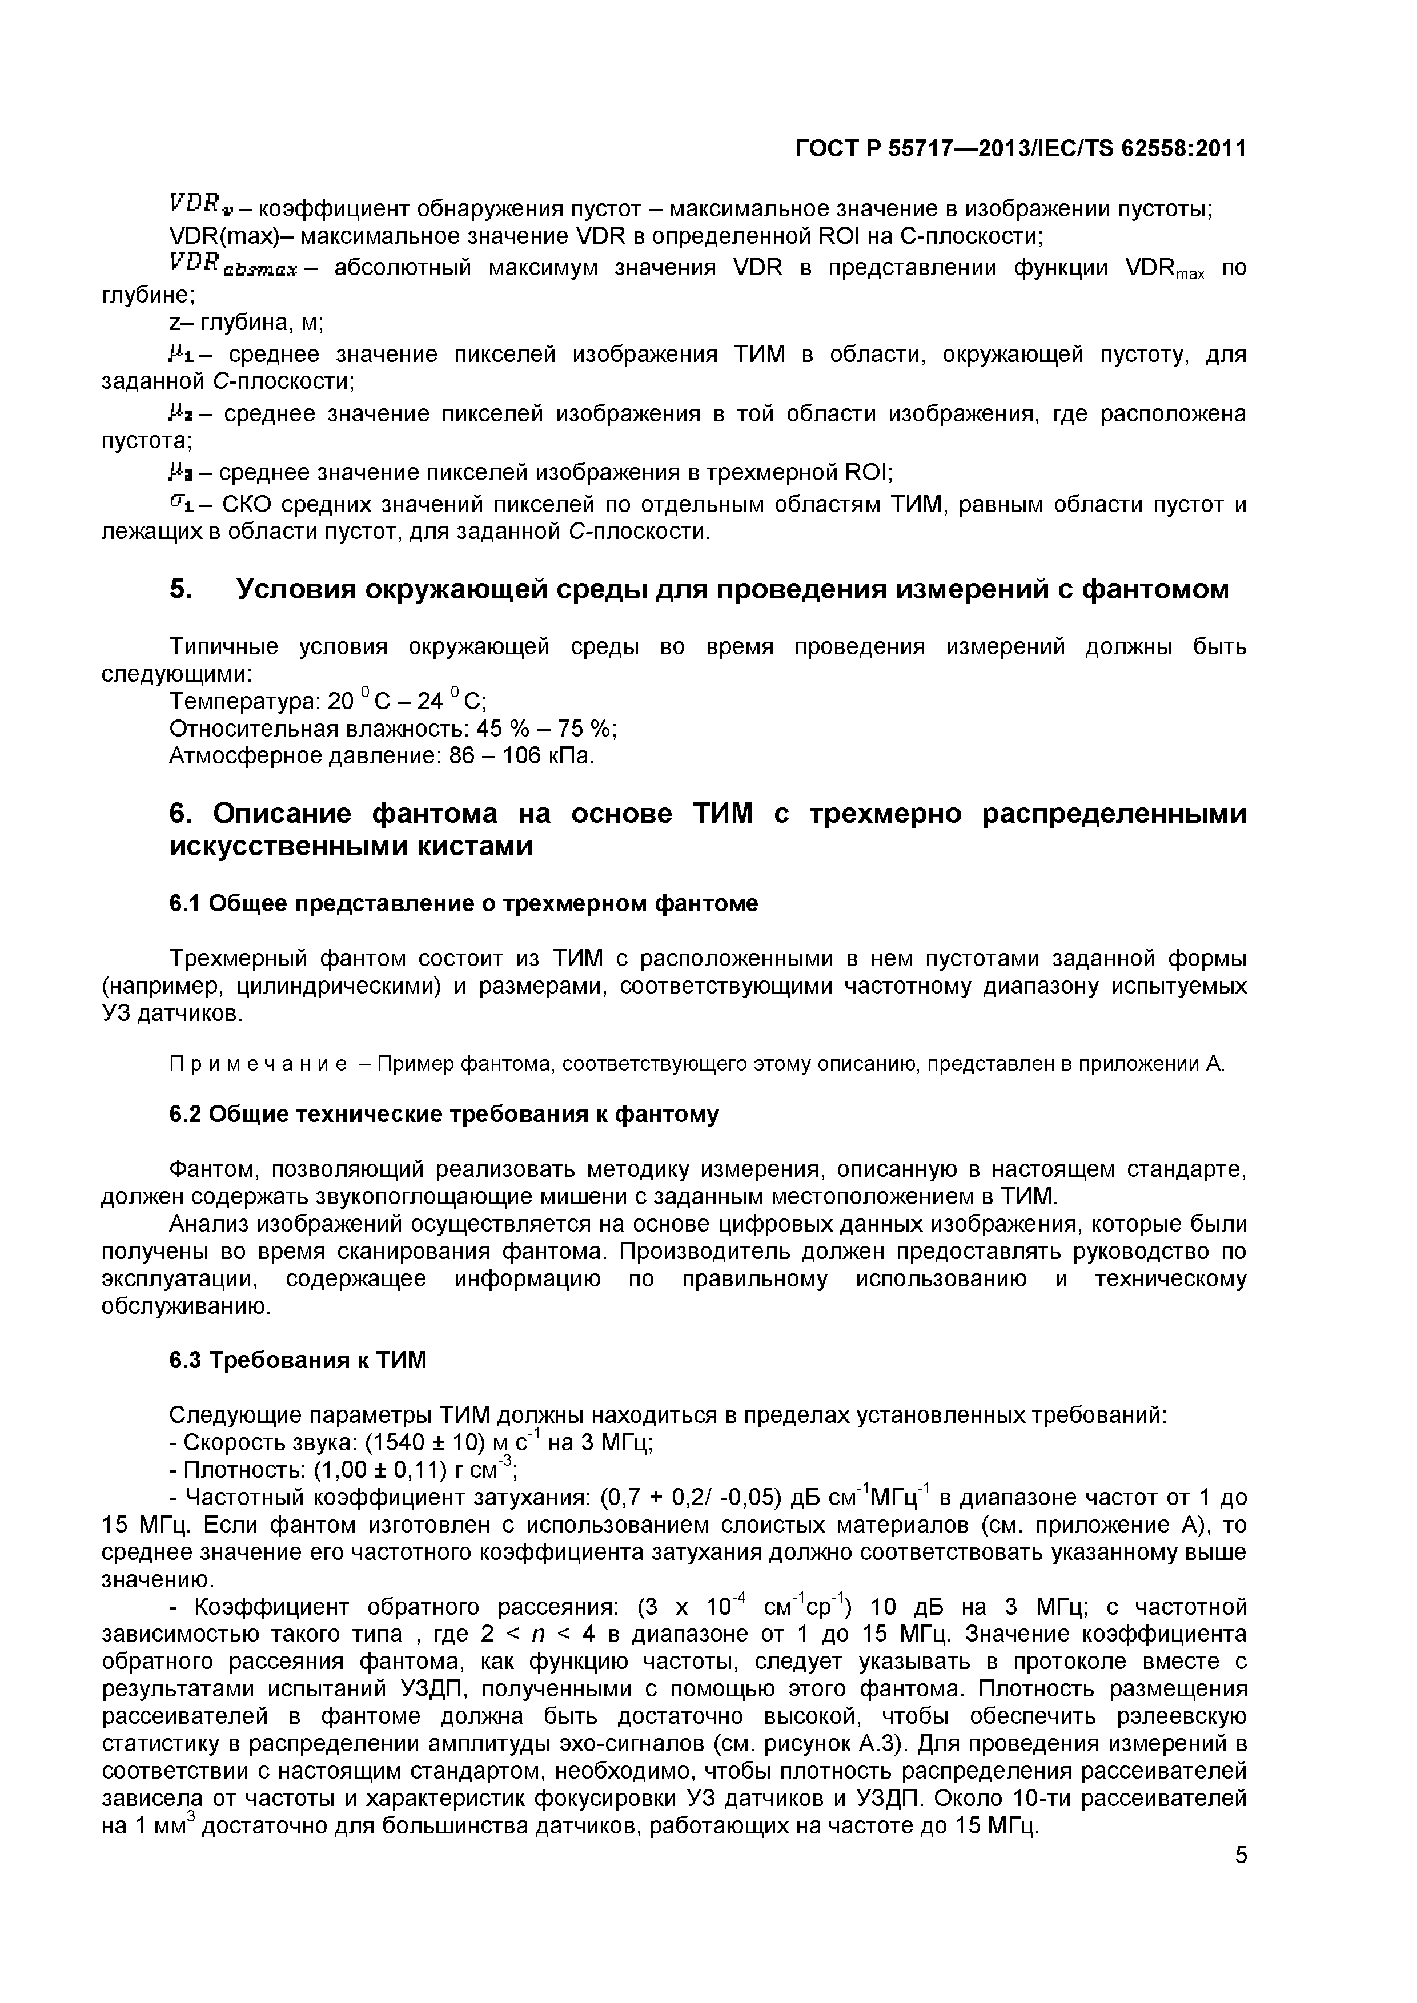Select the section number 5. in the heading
coord(180,590)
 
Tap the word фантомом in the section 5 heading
coord(1154,590)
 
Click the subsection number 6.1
coord(185,903)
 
